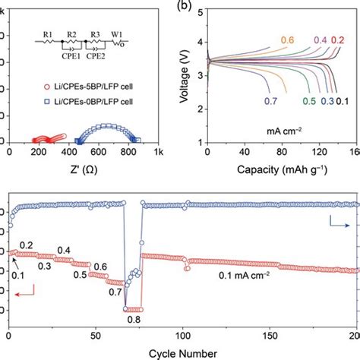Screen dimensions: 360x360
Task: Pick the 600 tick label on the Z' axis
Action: [x=97, y=153]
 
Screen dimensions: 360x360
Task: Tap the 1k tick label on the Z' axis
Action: [x=158, y=153]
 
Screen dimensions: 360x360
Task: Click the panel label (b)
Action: [x=186, y=6]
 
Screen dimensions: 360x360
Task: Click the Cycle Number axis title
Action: [x=183, y=353]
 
